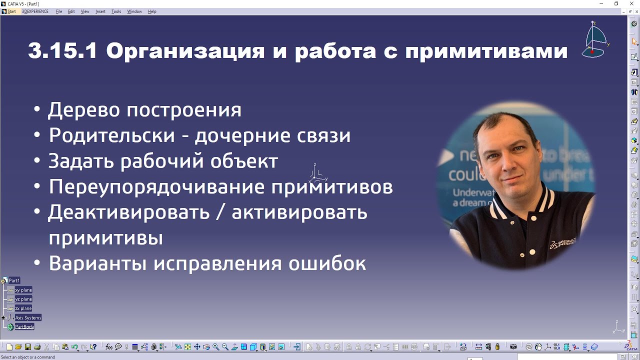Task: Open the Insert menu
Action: click(100, 11)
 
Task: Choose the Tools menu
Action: click(116, 11)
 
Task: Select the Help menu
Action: click(152, 11)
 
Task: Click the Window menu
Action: click(134, 11)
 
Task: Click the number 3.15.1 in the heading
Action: click(62, 51)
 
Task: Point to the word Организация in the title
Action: click(185, 51)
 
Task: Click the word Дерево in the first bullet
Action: click(85, 110)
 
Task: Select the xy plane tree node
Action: click(23, 290)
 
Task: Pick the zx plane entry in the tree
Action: click(23, 308)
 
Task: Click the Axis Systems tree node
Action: click(28, 318)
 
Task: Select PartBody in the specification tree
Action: click(24, 327)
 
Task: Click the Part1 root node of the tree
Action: click(14, 280)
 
